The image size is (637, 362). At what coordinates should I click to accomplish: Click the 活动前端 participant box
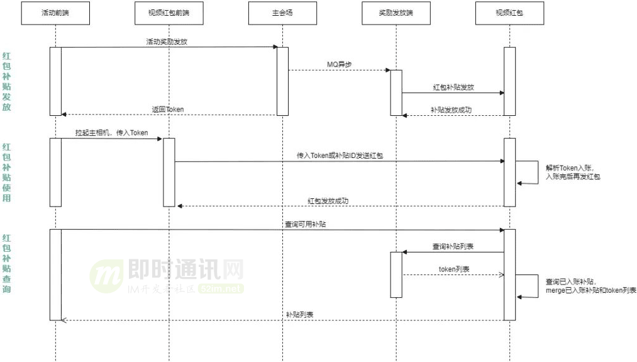55,13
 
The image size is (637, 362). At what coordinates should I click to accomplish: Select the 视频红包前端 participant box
169,13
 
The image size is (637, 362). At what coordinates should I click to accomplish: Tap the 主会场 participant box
282,13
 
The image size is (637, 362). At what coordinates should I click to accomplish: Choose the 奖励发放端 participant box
396,13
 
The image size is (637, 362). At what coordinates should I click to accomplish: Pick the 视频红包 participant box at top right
509,13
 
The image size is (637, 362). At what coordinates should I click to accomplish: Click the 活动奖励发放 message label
167,42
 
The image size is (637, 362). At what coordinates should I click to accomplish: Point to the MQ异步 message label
340,64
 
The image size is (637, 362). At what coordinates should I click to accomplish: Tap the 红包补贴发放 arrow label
453,87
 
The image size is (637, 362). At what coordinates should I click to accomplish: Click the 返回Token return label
168,110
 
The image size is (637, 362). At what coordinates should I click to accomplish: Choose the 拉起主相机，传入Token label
112,133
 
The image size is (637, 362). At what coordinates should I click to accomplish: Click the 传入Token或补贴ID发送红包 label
340,155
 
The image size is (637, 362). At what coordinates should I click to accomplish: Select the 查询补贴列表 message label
453,246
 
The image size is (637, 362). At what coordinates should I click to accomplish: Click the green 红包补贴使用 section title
6,173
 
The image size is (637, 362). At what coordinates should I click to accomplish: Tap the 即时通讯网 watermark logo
167,276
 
